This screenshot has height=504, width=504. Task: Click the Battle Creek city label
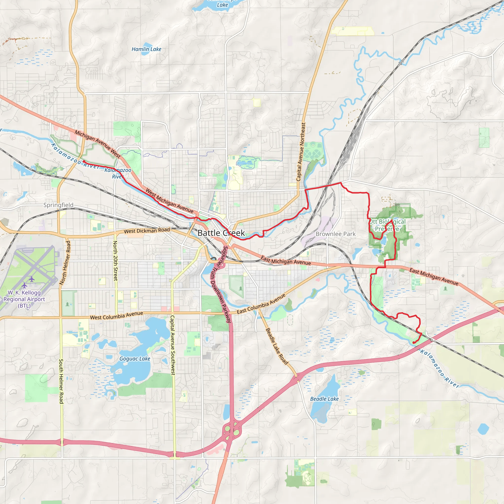coord(221,233)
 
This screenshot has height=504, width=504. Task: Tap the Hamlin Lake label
coord(146,49)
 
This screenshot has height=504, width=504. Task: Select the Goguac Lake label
coord(135,359)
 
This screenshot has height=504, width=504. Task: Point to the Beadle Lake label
coord(324,399)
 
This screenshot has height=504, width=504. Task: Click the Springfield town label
coord(58,205)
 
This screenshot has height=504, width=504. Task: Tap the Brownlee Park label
coord(335,234)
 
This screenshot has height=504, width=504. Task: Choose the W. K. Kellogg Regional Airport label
coord(24,299)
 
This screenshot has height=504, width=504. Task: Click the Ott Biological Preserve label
coord(387,225)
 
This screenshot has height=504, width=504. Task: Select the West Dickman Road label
coord(147,231)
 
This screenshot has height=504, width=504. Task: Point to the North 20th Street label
coord(115,261)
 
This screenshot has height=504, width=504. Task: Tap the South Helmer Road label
coord(61,381)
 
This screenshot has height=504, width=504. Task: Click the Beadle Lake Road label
coord(277,346)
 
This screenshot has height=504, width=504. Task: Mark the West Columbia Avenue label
coord(116,315)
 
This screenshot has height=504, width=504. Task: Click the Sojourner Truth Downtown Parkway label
coord(221,284)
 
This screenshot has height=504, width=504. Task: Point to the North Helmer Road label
coord(65,262)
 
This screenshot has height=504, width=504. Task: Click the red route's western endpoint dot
coord(84,161)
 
